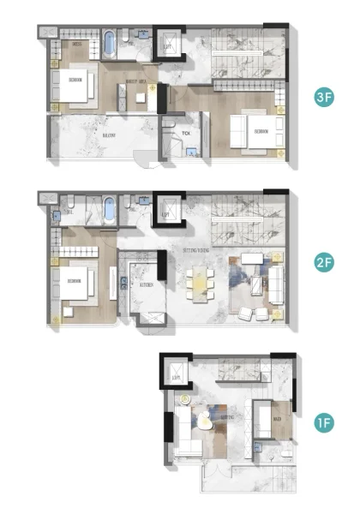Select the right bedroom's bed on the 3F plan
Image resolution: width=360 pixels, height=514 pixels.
[x=252, y=131]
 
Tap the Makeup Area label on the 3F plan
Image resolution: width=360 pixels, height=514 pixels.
[x=136, y=82]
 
